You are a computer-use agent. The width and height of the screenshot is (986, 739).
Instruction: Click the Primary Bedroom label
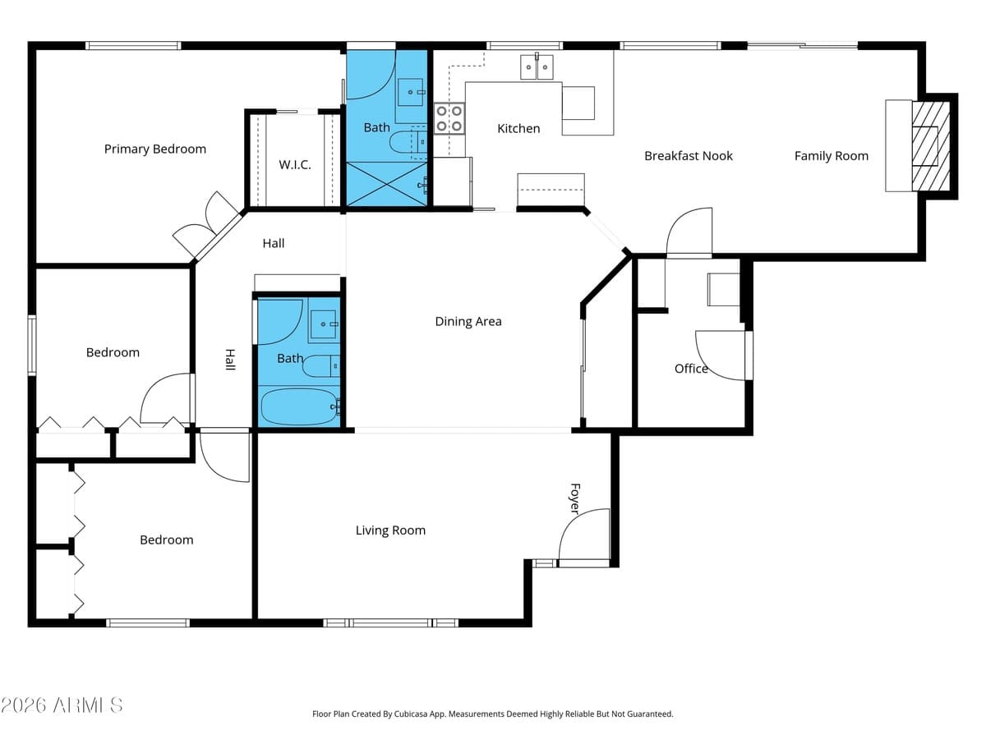pyautogui.click(x=155, y=149)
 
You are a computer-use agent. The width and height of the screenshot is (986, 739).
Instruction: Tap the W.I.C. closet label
pyautogui.click(x=295, y=165)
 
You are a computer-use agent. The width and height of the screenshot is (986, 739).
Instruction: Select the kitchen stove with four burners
pyautogui.click(x=449, y=118)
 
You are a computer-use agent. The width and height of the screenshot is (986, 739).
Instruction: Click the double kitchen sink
pyautogui.click(x=537, y=67)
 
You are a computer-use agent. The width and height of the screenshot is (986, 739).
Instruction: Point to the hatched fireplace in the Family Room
pyautogui.click(x=931, y=146)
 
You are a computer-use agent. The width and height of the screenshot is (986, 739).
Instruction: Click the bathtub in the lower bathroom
pyautogui.click(x=299, y=406)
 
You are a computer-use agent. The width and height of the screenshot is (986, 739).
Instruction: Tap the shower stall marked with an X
pyautogui.click(x=387, y=184)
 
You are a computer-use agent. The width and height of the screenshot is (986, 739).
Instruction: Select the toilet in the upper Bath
pyautogui.click(x=408, y=143)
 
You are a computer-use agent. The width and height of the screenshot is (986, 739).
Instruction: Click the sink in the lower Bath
pyautogui.click(x=323, y=324)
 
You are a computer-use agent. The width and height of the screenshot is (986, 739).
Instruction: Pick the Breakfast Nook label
pyautogui.click(x=689, y=156)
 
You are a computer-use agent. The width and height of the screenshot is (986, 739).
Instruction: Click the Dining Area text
pyautogui.click(x=468, y=321)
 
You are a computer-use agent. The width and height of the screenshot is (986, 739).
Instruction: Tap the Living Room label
pyautogui.click(x=390, y=530)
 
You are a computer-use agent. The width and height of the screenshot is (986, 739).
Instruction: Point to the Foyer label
pyautogui.click(x=574, y=498)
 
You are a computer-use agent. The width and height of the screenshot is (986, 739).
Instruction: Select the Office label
pyautogui.click(x=691, y=369)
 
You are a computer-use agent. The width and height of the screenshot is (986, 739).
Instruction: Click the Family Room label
pyautogui.click(x=831, y=156)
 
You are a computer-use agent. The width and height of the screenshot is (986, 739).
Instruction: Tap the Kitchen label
pyautogui.click(x=518, y=129)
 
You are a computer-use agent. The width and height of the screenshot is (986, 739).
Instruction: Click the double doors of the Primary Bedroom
pyautogui.click(x=206, y=224)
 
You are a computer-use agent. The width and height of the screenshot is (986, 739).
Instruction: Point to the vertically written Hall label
pyautogui.click(x=230, y=360)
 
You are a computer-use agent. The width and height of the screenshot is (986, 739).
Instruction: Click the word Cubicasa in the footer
pyautogui.click(x=411, y=714)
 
